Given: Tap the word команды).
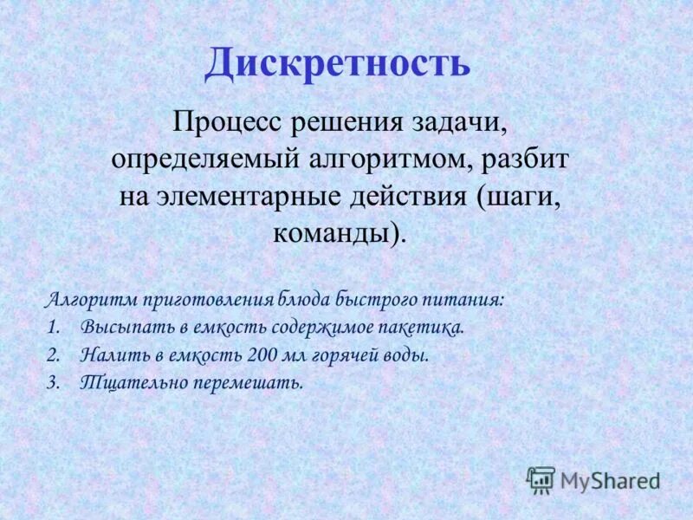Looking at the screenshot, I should pos(338,233).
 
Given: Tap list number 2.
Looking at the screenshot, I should pos(52,355).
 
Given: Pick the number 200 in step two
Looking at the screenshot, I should pos(261,355).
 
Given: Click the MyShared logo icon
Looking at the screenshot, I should pos(541,479).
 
